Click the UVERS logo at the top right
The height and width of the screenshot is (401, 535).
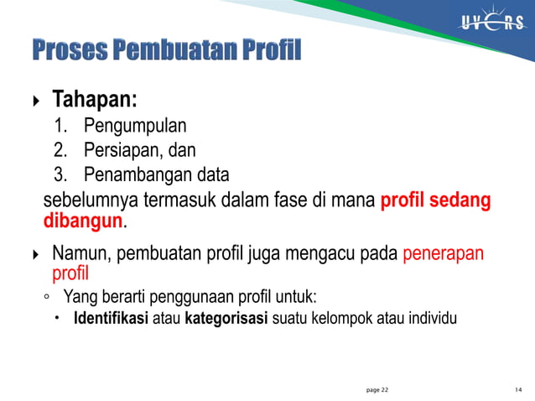(491, 23)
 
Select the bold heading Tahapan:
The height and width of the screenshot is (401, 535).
(95, 101)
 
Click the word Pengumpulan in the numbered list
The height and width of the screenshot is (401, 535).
(135, 128)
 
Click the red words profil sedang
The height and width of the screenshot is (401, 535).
(436, 201)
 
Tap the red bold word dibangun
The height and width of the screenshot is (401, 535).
(83, 222)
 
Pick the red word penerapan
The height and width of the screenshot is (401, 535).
(444, 253)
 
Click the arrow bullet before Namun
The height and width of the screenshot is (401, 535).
(34, 254)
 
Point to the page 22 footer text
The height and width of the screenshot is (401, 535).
(377, 390)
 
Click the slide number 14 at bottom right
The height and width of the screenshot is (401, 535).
(518, 390)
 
